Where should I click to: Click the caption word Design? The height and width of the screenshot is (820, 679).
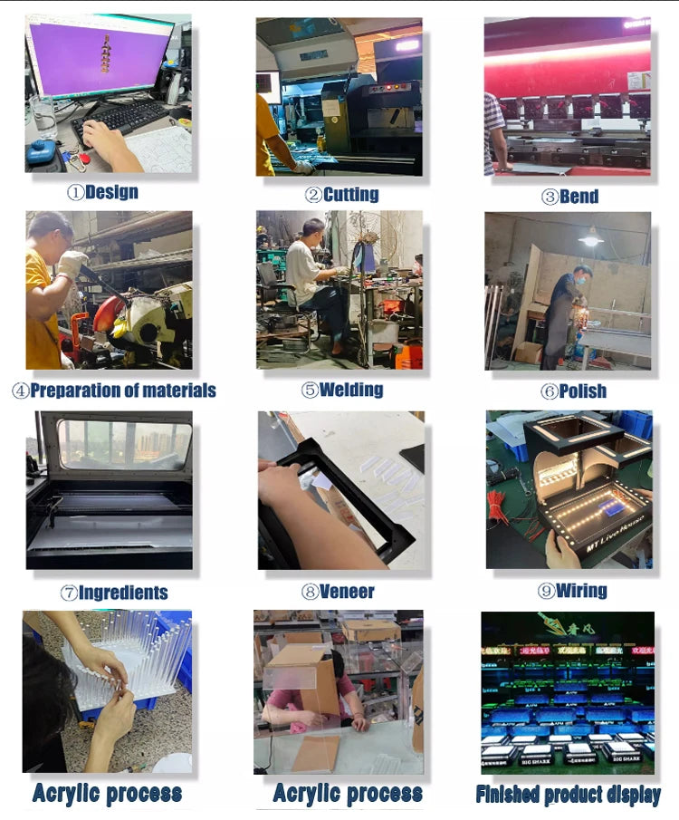(x=111, y=192)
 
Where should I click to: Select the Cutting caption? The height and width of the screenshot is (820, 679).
(x=350, y=194)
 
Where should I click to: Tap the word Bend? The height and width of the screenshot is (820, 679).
(x=579, y=197)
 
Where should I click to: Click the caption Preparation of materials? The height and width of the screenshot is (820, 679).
(x=123, y=391)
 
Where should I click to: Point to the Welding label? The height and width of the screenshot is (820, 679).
(x=351, y=390)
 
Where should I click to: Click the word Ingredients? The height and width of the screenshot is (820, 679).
(x=123, y=593)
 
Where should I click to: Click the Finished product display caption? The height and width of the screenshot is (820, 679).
(x=568, y=795)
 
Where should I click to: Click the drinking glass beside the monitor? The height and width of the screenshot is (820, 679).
(x=43, y=116)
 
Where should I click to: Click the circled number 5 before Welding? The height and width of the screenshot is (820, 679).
(x=310, y=391)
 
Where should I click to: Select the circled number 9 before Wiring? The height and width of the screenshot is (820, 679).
(x=546, y=591)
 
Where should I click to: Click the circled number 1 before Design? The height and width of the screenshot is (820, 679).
(x=75, y=192)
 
